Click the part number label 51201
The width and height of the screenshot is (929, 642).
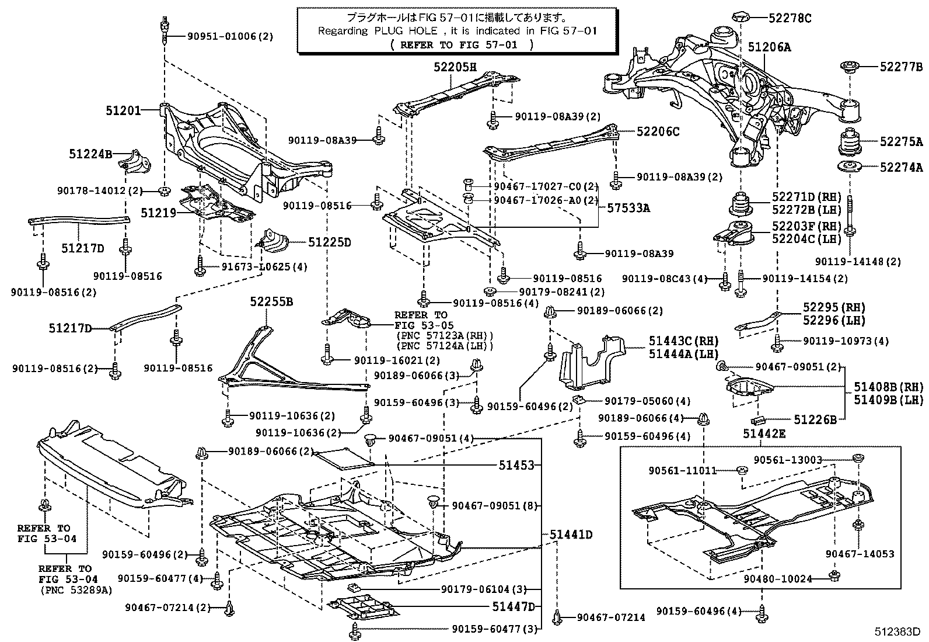[x=123, y=109]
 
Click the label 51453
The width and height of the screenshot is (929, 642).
[x=516, y=465]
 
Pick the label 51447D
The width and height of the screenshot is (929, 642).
[x=513, y=607]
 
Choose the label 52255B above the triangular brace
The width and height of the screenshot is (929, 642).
[x=271, y=302]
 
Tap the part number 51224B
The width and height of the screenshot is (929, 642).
[x=90, y=154]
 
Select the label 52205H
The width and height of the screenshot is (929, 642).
[x=455, y=67]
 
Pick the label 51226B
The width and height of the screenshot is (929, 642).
[x=815, y=419]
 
